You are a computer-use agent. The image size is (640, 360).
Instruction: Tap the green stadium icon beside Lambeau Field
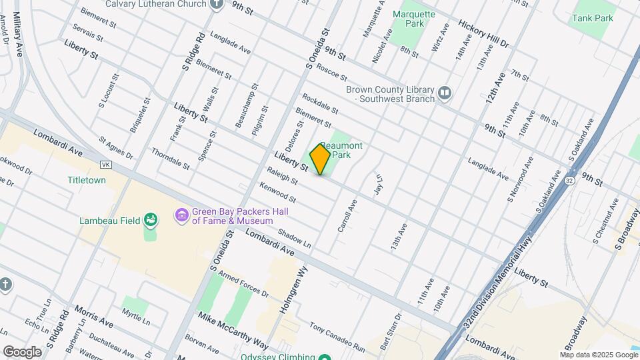(x=151, y=220)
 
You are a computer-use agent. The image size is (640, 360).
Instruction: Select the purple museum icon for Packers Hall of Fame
(x=181, y=215)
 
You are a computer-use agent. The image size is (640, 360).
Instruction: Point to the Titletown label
(x=87, y=180)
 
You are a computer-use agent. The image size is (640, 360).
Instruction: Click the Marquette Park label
(x=413, y=19)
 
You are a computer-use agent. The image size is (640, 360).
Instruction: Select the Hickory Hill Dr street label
(x=483, y=33)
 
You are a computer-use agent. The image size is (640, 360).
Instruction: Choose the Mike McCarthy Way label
(x=233, y=330)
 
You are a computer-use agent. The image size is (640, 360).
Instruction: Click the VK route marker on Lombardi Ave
(x=105, y=164)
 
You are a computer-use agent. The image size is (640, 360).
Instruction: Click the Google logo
(x=22, y=351)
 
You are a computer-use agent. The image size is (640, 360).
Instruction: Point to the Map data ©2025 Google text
(x=598, y=355)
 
